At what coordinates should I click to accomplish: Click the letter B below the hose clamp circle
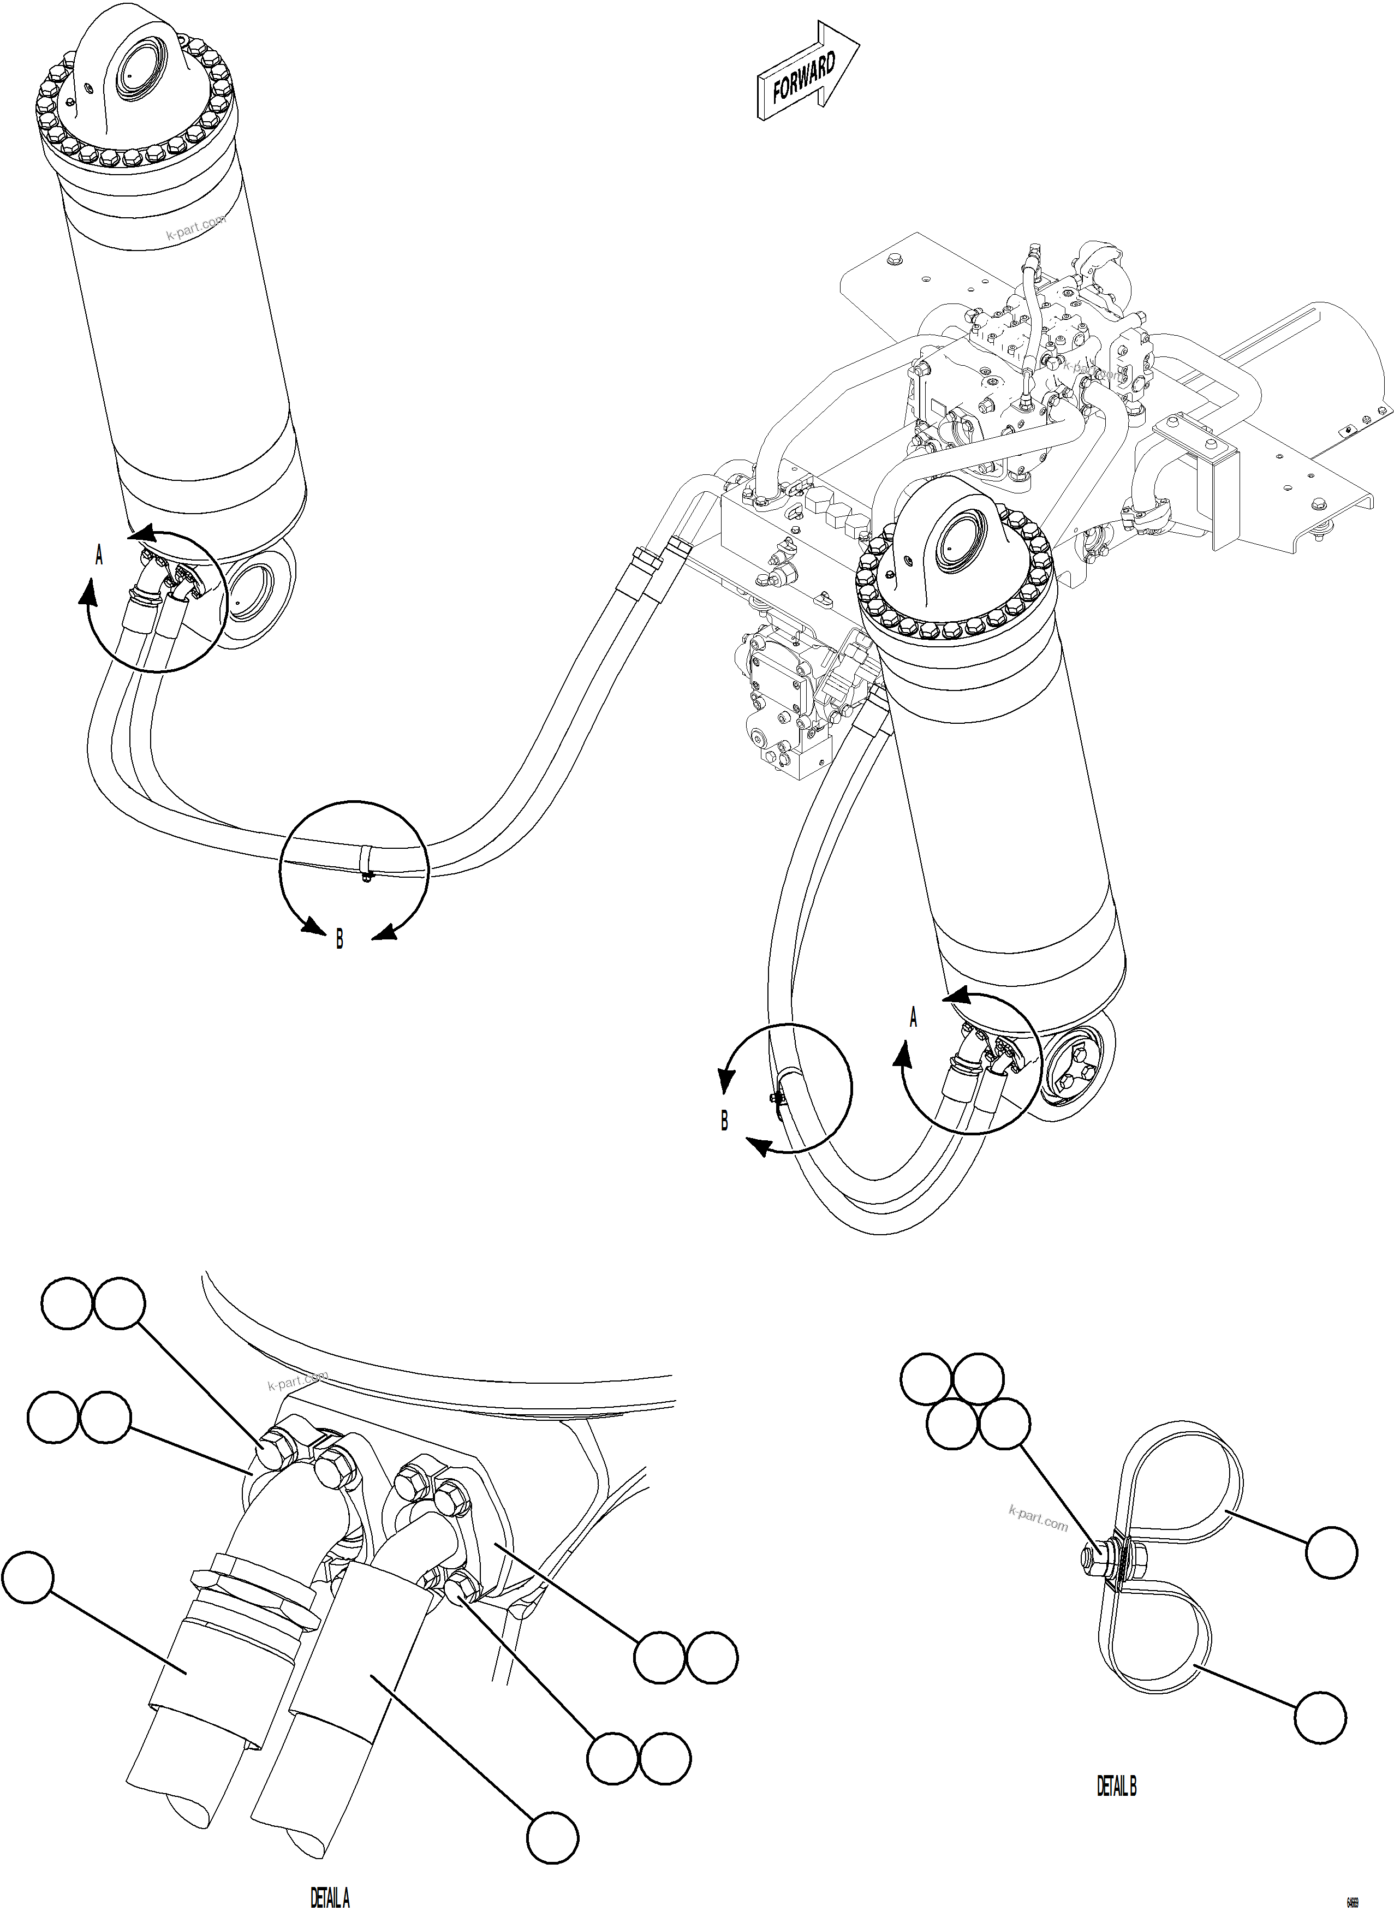[x=339, y=939]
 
